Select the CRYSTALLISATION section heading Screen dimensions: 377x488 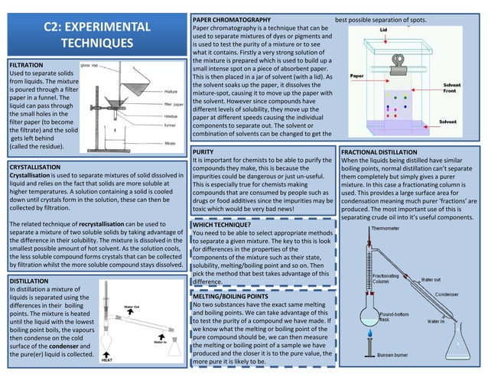point(39,166)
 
